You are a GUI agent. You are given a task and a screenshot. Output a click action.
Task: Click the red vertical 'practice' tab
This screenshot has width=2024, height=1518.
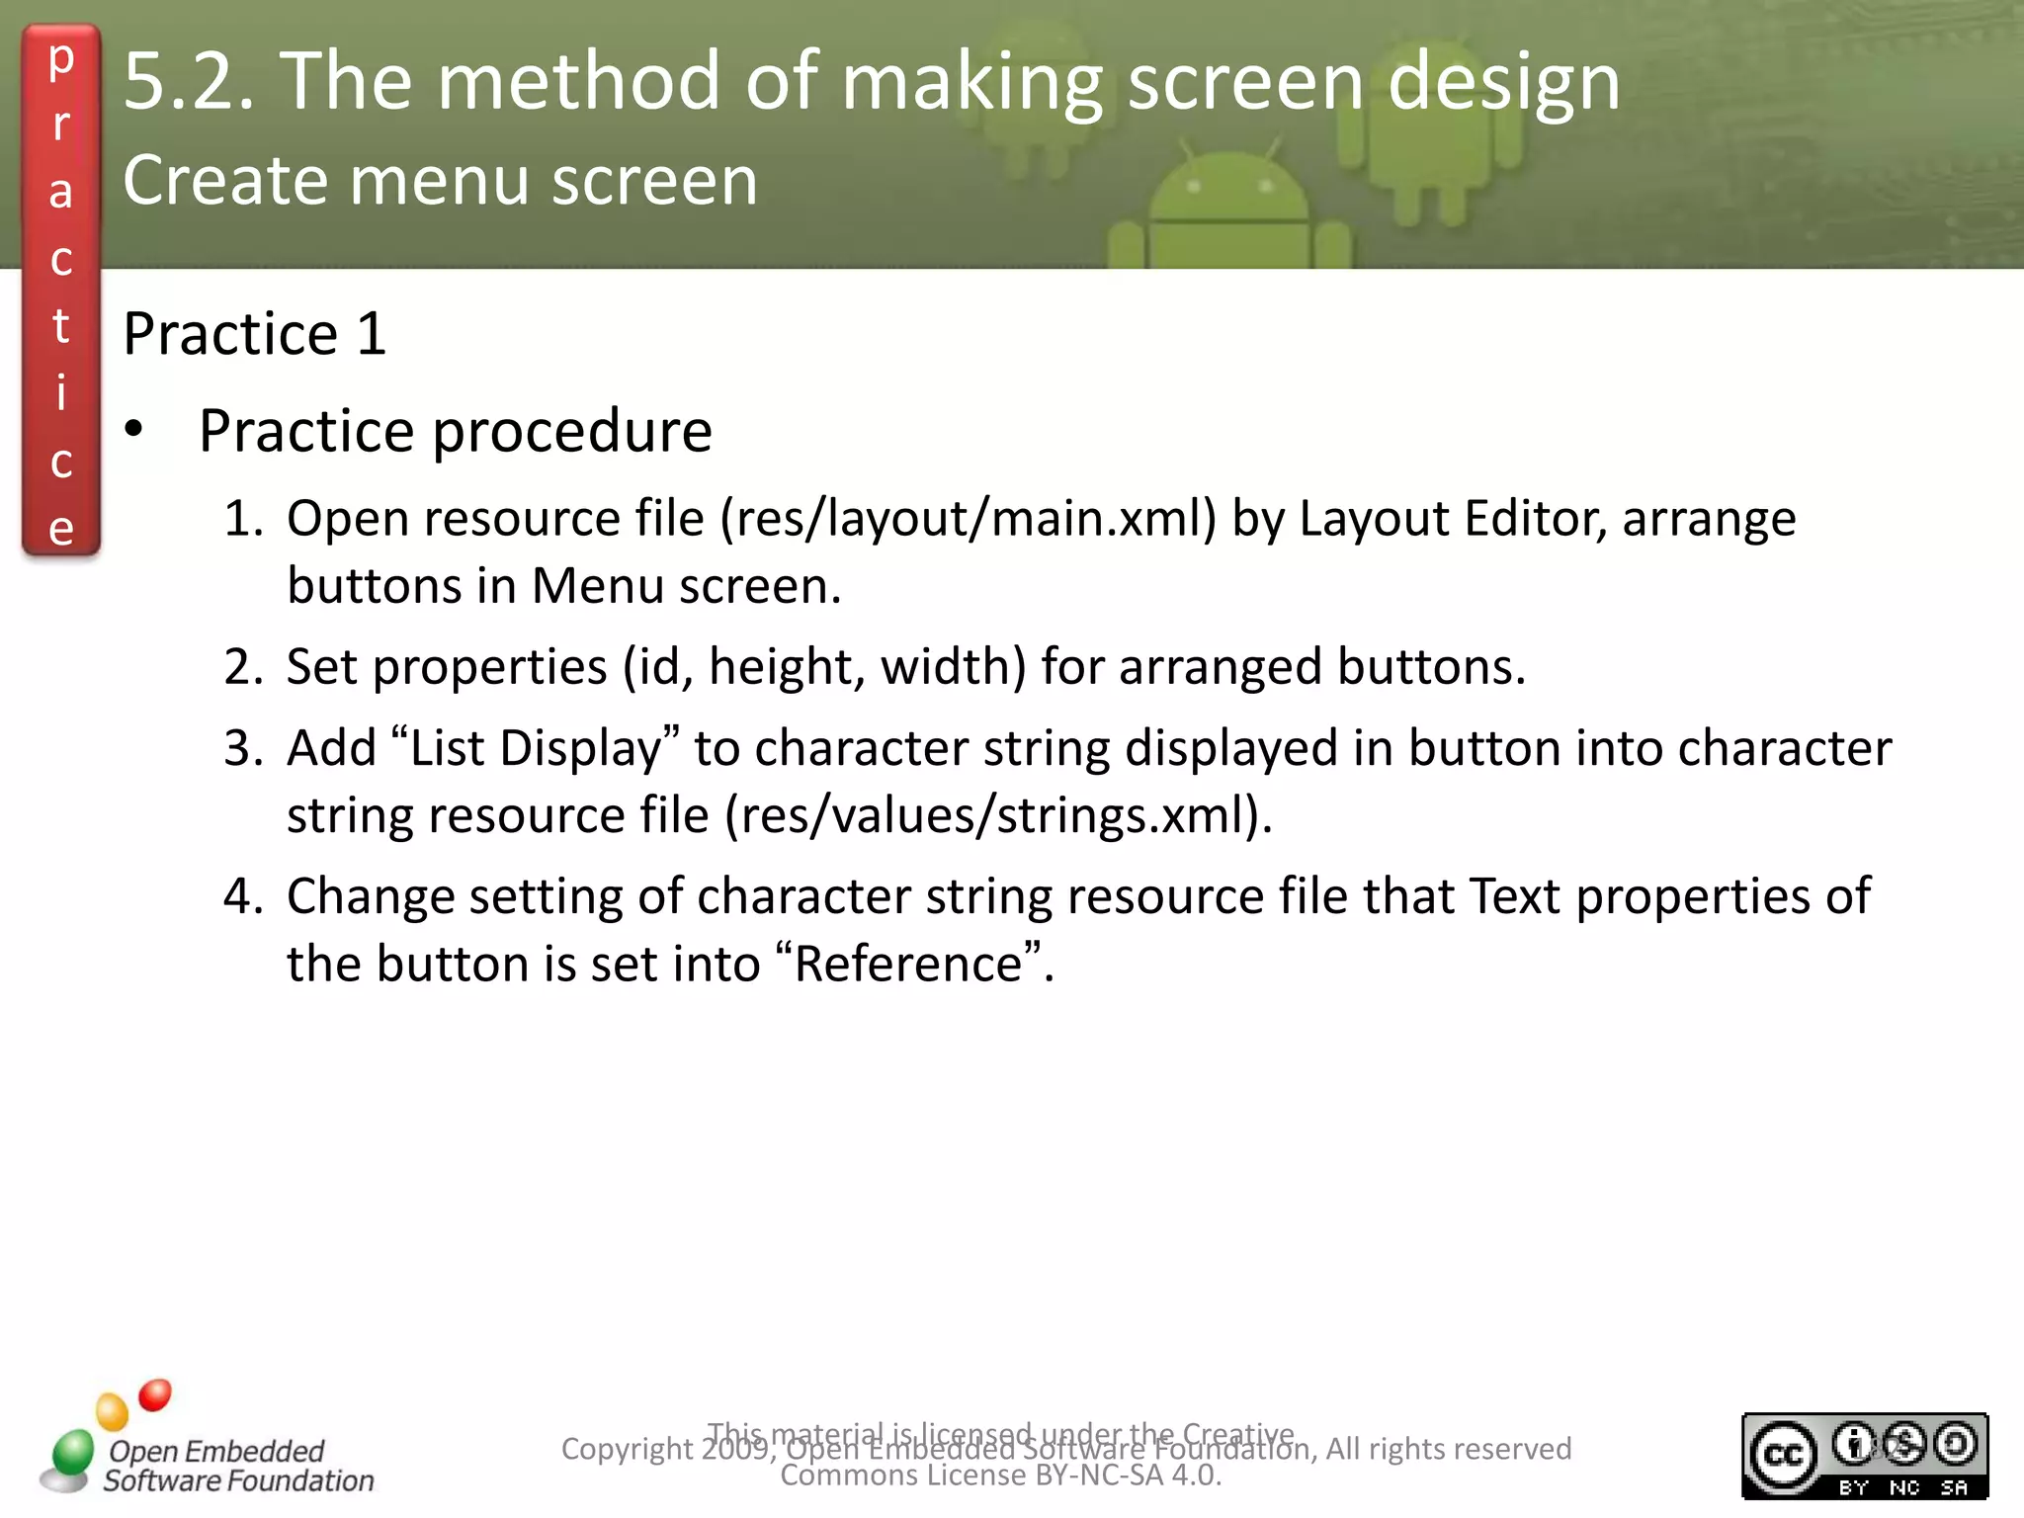[61, 292]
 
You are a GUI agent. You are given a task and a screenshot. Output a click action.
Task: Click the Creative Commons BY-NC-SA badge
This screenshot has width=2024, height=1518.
[1864, 1456]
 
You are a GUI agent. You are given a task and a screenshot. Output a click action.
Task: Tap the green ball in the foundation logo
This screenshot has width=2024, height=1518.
[72, 1452]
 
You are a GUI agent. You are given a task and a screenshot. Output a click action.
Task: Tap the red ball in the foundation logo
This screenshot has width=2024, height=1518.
[155, 1394]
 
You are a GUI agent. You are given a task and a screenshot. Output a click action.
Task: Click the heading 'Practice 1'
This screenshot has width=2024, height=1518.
[254, 333]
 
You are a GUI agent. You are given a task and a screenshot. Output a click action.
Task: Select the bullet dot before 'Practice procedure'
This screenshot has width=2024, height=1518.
[133, 430]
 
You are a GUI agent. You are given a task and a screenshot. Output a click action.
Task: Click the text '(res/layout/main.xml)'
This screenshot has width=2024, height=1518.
[969, 519]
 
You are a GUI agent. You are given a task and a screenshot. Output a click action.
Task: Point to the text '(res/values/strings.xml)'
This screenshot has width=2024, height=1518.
[997, 816]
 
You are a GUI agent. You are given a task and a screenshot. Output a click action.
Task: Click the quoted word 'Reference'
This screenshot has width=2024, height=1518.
[908, 964]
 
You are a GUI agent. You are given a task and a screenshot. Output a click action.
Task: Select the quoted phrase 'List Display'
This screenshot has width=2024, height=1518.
[535, 748]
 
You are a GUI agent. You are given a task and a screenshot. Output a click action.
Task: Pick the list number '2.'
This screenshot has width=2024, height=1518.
[243, 667]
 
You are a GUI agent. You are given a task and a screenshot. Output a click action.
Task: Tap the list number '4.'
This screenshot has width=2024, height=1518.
[243, 896]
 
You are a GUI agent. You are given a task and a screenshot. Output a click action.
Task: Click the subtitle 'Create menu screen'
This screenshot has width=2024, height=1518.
[440, 181]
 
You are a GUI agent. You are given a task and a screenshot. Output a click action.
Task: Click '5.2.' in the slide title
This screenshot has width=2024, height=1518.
[189, 81]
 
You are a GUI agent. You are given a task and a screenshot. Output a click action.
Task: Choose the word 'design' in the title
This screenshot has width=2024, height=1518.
[1503, 81]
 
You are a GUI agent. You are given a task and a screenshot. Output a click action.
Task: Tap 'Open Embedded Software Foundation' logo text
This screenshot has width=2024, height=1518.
[237, 1466]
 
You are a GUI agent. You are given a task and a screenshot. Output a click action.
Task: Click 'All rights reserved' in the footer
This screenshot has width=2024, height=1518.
[1448, 1449]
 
